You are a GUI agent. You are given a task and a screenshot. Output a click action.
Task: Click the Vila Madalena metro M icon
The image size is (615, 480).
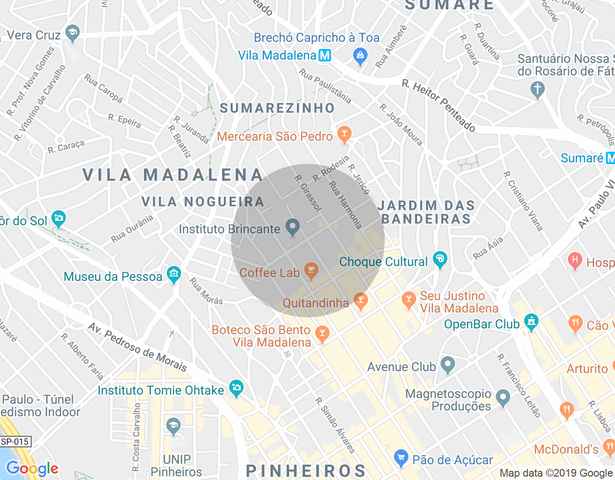click(325, 55)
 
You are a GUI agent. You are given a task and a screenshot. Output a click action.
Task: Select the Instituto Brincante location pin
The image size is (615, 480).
click(292, 227)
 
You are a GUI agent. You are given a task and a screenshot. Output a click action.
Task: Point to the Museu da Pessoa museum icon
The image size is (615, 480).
click(173, 275)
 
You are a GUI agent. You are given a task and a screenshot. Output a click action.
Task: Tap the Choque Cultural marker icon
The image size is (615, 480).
click(440, 260)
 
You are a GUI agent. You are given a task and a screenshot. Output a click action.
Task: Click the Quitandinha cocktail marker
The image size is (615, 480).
click(360, 300)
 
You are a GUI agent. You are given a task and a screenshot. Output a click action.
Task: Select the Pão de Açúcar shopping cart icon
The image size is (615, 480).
click(401, 458)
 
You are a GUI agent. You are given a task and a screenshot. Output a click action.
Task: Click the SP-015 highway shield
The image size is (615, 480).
click(15, 442)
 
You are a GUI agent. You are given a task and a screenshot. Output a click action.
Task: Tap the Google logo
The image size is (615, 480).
click(32, 468)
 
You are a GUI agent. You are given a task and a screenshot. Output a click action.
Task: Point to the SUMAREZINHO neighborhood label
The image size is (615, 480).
click(277, 108)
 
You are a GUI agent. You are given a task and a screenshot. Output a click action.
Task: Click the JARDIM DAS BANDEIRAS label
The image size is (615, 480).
click(426, 212)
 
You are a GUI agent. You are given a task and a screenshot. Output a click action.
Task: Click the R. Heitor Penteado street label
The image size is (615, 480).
click(439, 106)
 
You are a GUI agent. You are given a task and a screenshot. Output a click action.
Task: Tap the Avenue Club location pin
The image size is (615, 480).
click(448, 365)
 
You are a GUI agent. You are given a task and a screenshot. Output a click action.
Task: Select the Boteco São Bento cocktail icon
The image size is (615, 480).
click(322, 332)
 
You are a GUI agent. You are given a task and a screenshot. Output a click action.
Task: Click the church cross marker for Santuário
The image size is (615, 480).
click(537, 89)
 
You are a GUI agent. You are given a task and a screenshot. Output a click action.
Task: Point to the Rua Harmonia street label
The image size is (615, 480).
click(345, 204)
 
